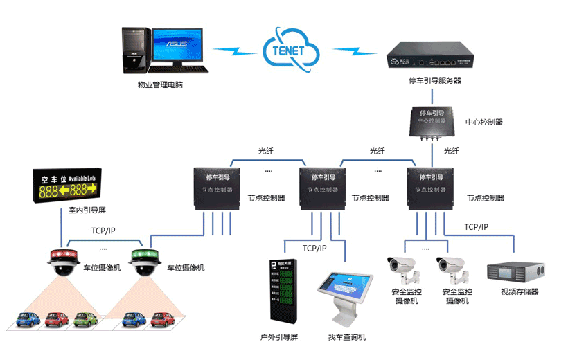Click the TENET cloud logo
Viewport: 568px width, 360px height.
click(x=292, y=48)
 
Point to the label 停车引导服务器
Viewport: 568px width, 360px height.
click(x=435, y=81)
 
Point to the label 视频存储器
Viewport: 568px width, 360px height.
click(x=520, y=292)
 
